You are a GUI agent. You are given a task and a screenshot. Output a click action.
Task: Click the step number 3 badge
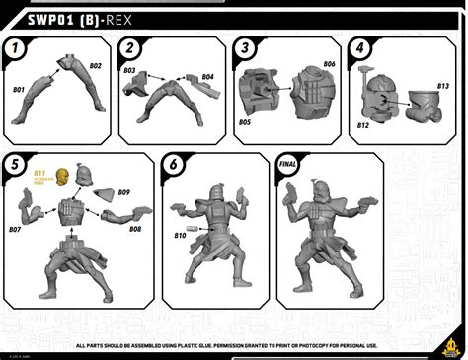244,47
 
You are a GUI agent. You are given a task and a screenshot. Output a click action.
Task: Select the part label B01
18,90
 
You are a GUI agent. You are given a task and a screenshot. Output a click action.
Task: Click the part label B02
96,66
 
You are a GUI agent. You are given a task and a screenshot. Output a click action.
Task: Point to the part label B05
244,122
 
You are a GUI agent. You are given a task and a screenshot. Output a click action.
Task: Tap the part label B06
329,64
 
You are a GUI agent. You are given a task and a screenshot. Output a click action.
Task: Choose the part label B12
363,125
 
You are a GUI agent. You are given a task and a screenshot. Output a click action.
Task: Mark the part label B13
443,86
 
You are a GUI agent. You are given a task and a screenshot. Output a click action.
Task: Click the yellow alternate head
63,178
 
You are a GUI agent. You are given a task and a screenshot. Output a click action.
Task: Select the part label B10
180,235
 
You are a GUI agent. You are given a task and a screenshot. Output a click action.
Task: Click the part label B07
15,229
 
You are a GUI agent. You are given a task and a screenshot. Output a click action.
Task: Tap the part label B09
124,192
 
